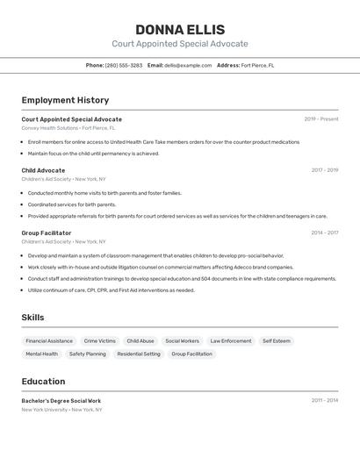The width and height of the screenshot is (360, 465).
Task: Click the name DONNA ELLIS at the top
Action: pos(180,29)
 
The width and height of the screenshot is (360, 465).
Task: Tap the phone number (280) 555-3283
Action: pos(124,65)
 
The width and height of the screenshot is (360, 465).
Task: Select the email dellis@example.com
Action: pos(188,65)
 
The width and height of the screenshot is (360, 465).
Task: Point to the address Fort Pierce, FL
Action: pos(258,65)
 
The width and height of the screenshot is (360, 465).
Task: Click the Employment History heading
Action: pos(65,100)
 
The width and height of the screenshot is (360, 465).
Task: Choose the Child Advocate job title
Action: pos(43,170)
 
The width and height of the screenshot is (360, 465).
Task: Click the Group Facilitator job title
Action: pos(47,232)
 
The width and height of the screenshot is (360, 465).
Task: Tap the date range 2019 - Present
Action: pos(321,119)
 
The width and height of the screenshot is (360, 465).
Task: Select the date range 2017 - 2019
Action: pos(325,170)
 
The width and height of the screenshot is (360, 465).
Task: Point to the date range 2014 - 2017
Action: pos(325,232)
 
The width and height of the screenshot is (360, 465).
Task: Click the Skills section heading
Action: pos(32,318)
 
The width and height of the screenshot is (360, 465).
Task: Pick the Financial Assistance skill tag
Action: pos(49,340)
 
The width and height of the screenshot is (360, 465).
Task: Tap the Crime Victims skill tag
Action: pos(99,340)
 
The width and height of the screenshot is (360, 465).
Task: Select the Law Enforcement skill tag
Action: pos(231,340)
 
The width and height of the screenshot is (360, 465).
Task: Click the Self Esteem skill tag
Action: pos(277,340)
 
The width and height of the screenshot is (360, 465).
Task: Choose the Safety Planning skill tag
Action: pos(88,354)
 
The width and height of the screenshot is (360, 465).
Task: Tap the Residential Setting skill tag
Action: pos(139,354)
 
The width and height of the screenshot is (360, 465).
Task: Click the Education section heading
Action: pos(43,381)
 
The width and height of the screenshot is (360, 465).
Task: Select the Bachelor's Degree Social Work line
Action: pos(61,400)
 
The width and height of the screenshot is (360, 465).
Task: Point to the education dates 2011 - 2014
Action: pos(325,400)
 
